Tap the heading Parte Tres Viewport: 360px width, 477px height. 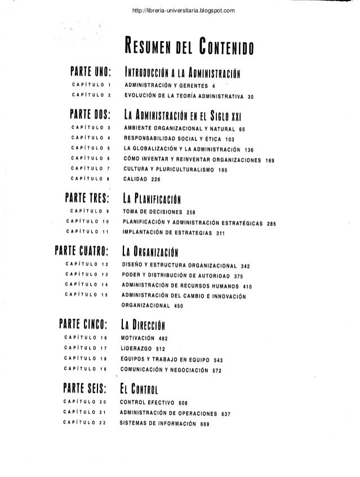point(91,198)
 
